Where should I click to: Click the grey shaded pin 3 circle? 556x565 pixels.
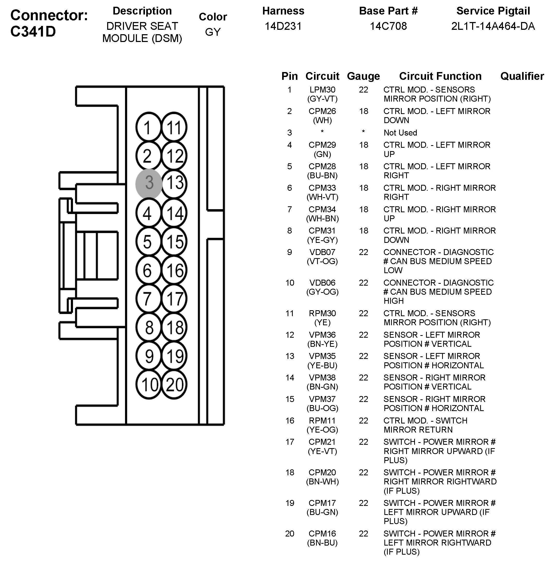(x=149, y=183)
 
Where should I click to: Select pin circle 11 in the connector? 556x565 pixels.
(x=174, y=128)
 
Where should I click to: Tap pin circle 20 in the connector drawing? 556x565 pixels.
(x=174, y=384)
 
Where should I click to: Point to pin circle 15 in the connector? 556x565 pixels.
(x=174, y=242)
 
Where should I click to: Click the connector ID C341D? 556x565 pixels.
(x=33, y=32)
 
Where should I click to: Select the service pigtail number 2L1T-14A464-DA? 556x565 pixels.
(x=493, y=26)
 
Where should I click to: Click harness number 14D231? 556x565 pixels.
(x=283, y=26)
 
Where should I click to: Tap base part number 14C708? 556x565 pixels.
(x=388, y=26)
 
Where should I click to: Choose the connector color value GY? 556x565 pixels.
(x=213, y=32)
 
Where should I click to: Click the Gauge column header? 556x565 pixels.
(x=363, y=76)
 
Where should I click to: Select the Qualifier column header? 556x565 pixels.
(x=522, y=76)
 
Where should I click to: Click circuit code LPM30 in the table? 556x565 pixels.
(x=322, y=90)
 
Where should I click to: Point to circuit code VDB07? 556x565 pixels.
(x=322, y=252)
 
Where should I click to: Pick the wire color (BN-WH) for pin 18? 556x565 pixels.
(x=322, y=482)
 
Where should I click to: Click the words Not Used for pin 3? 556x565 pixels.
(x=400, y=133)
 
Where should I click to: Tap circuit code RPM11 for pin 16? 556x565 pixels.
(x=322, y=421)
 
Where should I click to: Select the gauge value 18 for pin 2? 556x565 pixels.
(x=364, y=111)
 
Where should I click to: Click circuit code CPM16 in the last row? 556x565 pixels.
(x=322, y=534)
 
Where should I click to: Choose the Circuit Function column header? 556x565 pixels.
(x=440, y=76)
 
